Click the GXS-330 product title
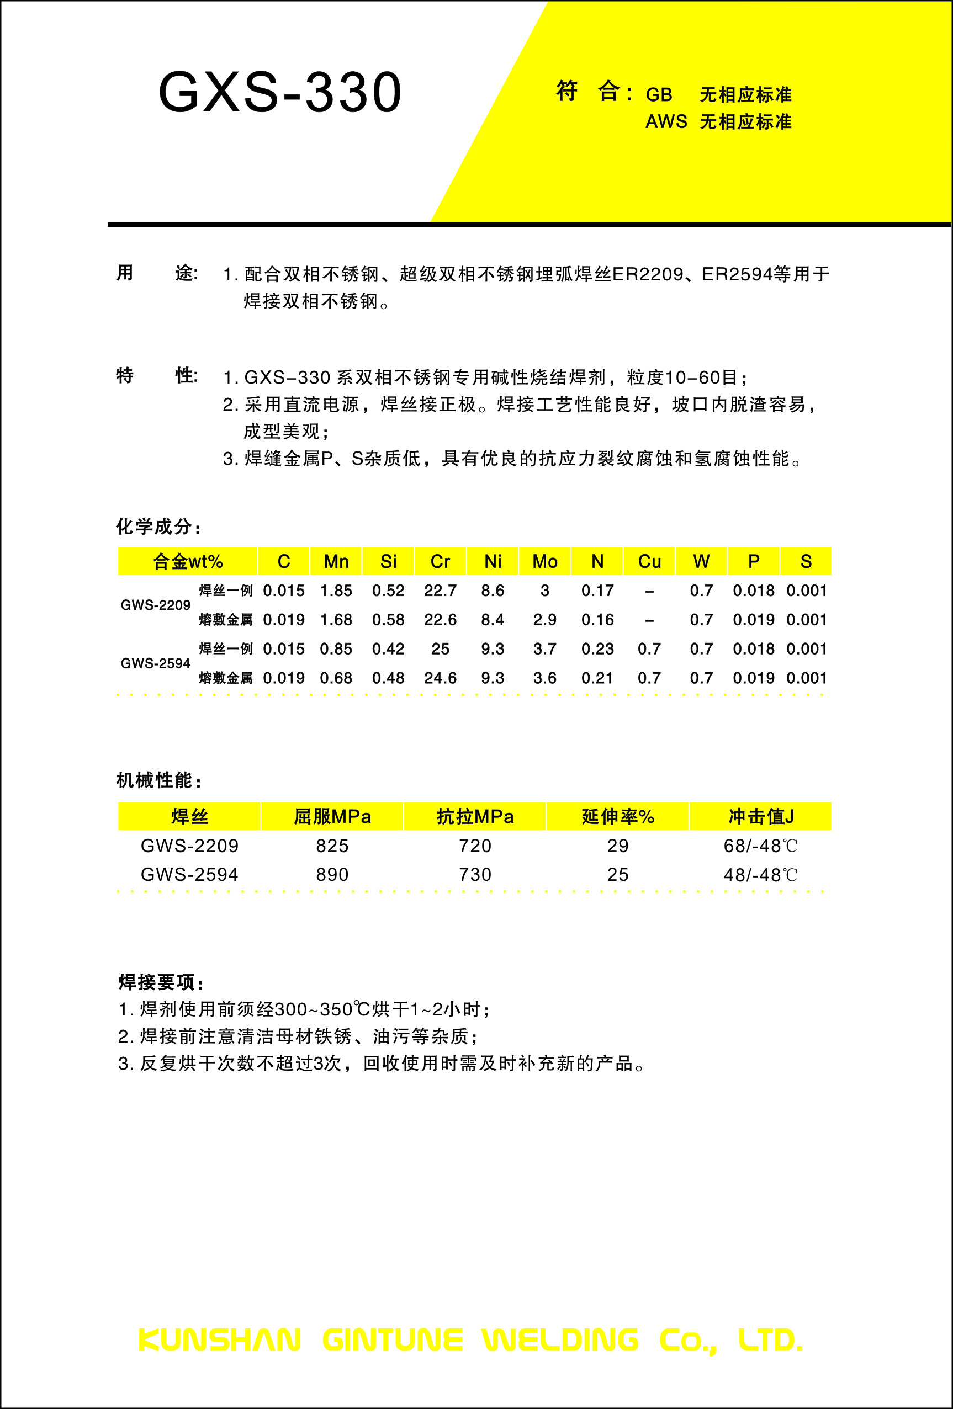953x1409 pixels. point(279,92)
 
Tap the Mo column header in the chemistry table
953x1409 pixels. point(545,561)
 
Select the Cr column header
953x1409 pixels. point(441,561)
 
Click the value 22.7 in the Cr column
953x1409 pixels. point(441,591)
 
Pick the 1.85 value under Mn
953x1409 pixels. point(336,591)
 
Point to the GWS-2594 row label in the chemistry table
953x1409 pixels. point(155,663)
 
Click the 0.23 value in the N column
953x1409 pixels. point(597,648)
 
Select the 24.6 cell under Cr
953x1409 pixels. point(441,678)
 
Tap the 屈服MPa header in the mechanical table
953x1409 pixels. point(332,817)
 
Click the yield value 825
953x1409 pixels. point(332,846)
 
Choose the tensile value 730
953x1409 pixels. point(475,875)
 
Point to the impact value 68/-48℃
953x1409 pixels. point(760,846)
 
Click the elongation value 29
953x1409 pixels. point(617,846)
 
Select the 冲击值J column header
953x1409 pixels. point(761,817)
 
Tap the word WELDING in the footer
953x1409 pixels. point(560,1341)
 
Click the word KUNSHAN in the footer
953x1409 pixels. point(220,1341)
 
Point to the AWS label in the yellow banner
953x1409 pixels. point(666,122)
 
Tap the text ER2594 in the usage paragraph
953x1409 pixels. point(737,275)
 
